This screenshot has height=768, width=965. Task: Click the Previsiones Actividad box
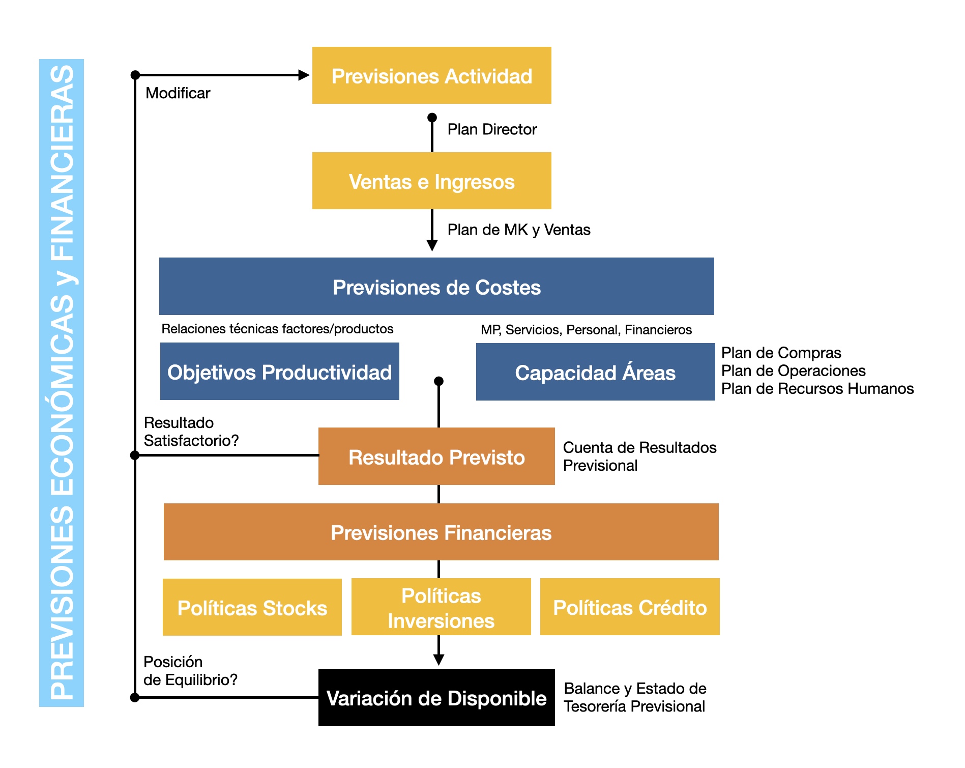point(431,75)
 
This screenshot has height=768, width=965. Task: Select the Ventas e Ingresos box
point(431,181)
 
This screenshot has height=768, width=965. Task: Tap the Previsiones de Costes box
point(436,286)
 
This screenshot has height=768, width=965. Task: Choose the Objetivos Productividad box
point(279,371)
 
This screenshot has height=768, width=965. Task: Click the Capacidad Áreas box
point(595,372)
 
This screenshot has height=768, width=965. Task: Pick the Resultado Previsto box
point(436,456)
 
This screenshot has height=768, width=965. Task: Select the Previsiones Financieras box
point(441,532)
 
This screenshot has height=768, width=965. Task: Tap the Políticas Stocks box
point(252,607)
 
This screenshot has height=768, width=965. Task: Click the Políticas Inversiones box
point(441,607)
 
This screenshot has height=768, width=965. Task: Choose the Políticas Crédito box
point(630,607)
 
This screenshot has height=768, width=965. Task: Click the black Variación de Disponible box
point(436,697)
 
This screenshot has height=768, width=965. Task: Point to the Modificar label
point(178,93)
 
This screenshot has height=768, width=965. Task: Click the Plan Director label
point(492,129)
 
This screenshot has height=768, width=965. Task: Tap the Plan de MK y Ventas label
point(519,230)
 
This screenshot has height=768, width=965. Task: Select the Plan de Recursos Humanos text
point(817,388)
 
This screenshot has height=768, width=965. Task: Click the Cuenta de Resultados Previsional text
point(639,456)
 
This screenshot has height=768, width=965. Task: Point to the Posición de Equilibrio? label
point(190,671)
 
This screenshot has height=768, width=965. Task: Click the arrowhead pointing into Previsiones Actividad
point(304,75)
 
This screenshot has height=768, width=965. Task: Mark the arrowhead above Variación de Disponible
point(438,660)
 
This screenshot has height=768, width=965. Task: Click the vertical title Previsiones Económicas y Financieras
point(62,383)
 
